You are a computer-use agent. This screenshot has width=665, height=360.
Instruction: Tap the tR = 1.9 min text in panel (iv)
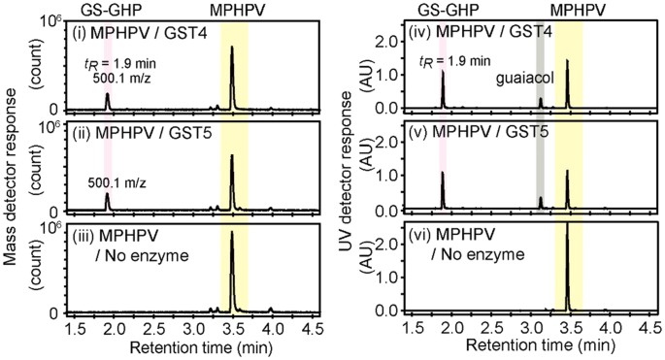(x=462, y=63)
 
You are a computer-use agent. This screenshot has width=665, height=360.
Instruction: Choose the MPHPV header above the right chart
(x=577, y=8)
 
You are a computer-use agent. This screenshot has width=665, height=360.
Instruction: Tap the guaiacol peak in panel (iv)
(x=541, y=103)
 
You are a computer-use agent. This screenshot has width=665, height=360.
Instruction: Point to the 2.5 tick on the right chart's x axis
(x=492, y=330)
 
